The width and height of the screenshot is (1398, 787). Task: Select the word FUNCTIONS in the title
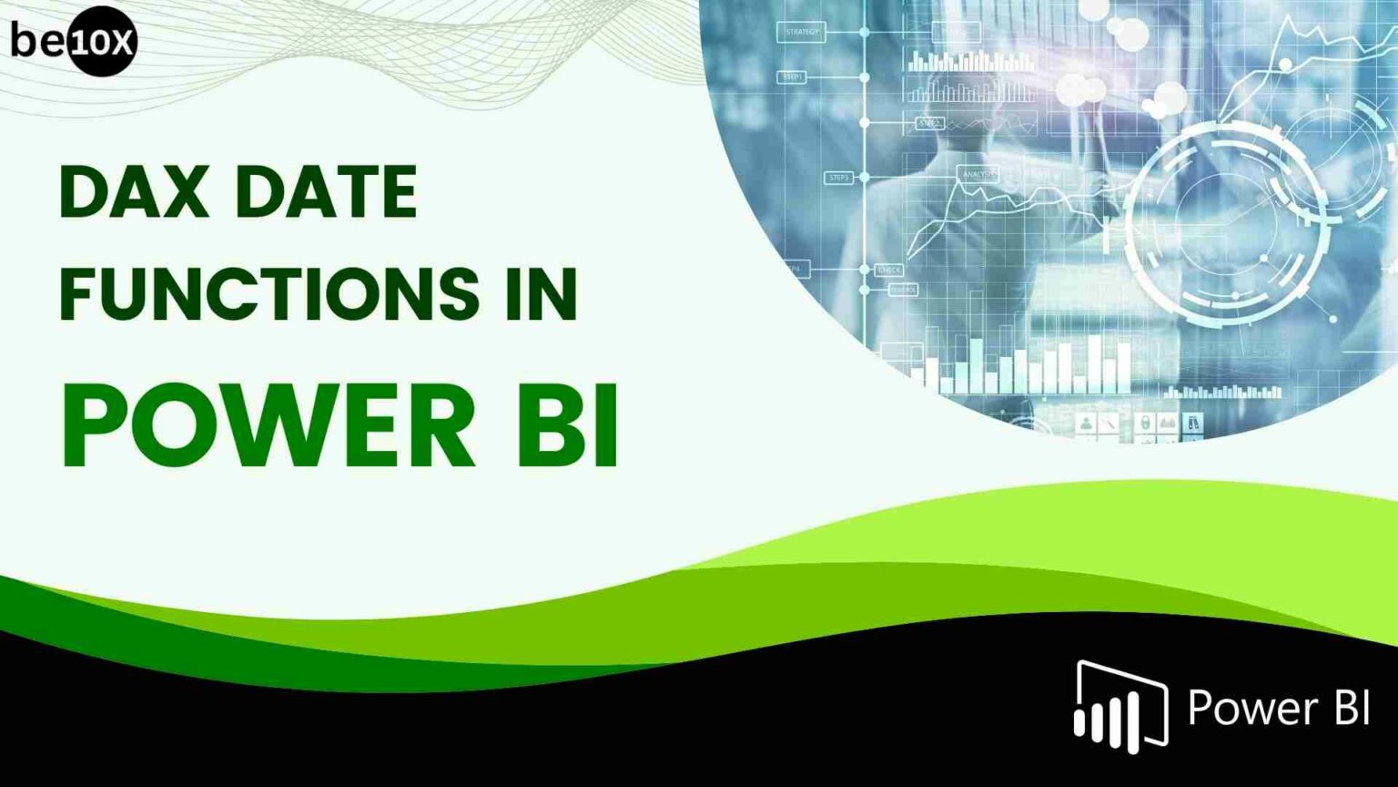[269, 293]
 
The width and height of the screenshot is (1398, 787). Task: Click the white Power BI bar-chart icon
[1120, 708]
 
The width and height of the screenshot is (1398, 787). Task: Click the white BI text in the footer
[1352, 708]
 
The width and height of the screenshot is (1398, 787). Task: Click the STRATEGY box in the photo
[801, 32]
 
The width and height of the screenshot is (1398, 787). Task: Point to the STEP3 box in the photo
[838, 178]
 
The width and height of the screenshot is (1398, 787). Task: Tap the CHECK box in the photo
[888, 270]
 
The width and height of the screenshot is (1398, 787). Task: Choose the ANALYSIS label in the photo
[978, 173]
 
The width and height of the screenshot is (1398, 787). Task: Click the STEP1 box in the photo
[792, 77]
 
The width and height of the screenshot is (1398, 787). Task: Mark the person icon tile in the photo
[1085, 423]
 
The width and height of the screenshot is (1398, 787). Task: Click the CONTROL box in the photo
[902, 290]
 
